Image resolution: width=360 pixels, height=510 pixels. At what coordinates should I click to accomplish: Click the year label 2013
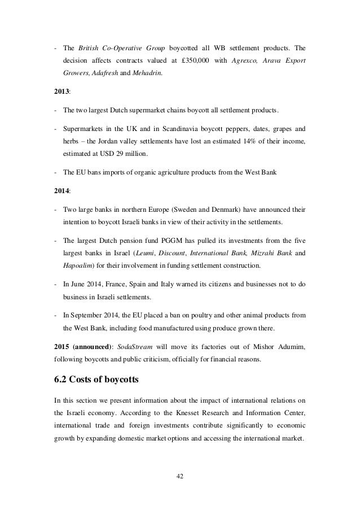61,90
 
